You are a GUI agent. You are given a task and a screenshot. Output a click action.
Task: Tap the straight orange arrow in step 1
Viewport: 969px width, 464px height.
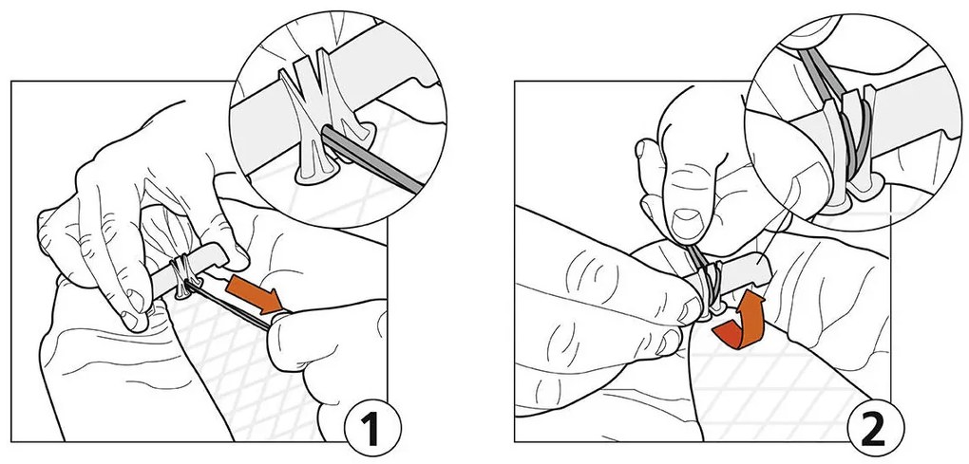click(256, 295)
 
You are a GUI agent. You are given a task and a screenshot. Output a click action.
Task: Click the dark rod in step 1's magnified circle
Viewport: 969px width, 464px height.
click(370, 159)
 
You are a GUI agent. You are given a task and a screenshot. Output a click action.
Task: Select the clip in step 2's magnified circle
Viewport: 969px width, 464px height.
click(849, 148)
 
